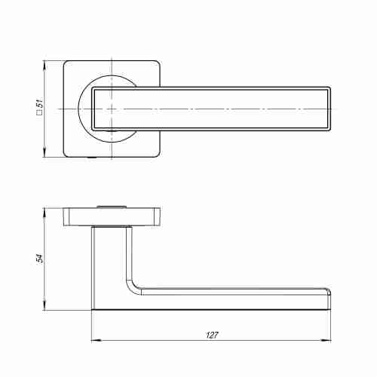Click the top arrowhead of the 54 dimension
point(44,210)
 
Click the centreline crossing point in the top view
point(112,109)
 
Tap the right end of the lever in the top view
point(329,109)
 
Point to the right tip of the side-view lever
point(330,298)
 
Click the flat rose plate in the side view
point(113,217)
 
